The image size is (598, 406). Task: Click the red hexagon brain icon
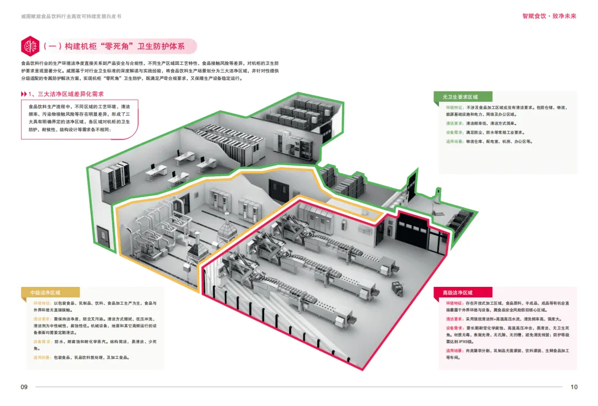(x=29, y=46)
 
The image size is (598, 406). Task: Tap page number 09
(x=24, y=387)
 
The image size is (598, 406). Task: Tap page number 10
(x=574, y=387)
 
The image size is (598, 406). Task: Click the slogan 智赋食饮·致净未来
(x=549, y=16)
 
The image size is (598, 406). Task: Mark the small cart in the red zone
(x=397, y=287)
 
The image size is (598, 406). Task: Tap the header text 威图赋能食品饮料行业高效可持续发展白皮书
(x=66, y=16)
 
